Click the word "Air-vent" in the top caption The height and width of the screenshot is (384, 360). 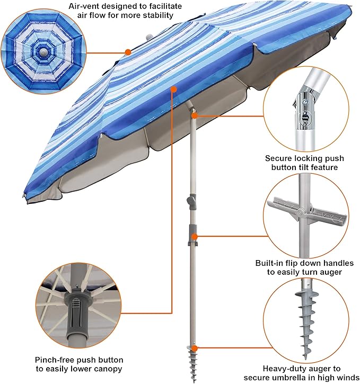pos(81,6)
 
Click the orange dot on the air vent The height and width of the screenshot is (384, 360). pos(128,52)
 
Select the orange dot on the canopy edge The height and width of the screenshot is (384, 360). pos(173,90)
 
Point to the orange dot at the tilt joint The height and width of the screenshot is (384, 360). pos(195,115)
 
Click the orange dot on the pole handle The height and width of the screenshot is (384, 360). pos(195,237)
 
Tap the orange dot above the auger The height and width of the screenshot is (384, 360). pos(195,348)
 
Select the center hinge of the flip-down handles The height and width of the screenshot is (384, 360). pos(300,211)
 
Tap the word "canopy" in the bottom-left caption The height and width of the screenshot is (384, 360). pos(109,369)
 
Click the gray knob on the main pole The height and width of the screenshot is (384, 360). pos(191,201)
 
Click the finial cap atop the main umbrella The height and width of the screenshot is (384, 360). pos(149,37)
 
